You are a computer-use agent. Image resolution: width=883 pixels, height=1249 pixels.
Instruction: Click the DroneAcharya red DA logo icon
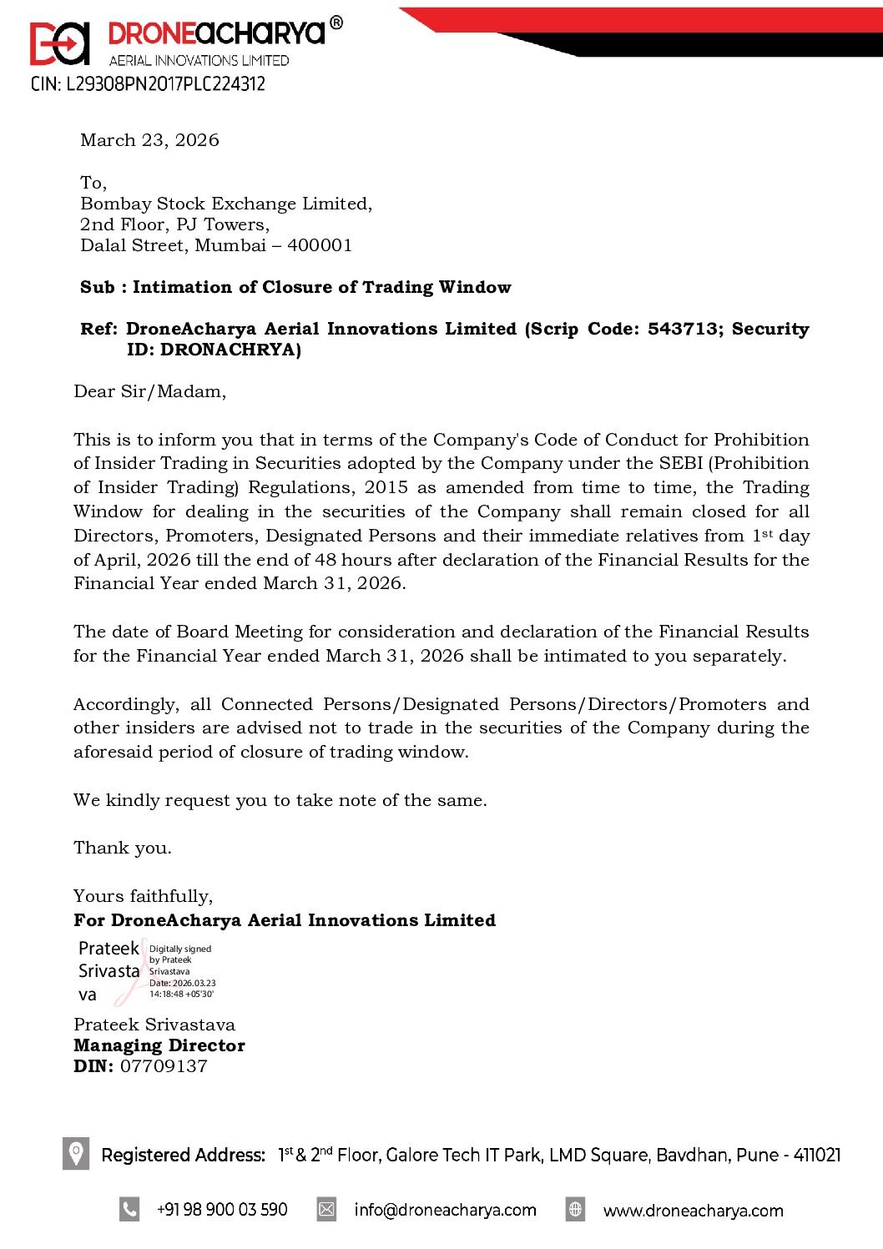[59, 43]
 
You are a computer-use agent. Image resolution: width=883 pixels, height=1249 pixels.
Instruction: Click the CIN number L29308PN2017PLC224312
[148, 84]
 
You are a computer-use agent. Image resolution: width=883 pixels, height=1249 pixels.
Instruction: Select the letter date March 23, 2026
[149, 140]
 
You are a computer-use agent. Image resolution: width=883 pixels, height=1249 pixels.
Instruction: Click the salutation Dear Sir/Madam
[149, 391]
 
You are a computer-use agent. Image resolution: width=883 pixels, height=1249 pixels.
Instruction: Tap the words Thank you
[122, 848]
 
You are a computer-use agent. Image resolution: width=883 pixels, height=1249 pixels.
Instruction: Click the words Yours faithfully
[143, 896]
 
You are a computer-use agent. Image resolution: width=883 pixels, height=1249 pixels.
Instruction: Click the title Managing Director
[159, 1045]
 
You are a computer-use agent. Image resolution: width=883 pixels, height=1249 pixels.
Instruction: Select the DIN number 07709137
[164, 1066]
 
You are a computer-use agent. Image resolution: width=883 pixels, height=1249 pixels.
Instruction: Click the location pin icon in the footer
[76, 1154]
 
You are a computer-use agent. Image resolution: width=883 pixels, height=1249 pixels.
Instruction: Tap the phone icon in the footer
[129, 1209]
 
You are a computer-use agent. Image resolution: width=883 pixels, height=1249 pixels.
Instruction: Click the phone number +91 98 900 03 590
[222, 1210]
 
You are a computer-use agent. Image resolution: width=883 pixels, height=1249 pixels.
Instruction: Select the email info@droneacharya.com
[445, 1210]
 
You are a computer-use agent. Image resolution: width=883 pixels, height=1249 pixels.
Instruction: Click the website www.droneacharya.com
[693, 1211]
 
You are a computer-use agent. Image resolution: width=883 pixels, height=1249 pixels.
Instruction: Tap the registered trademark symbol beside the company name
[336, 23]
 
